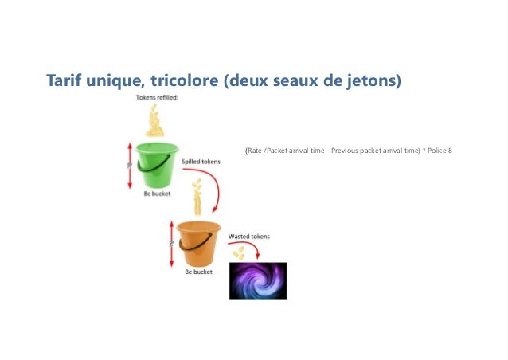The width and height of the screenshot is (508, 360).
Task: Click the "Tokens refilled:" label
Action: tap(156, 98)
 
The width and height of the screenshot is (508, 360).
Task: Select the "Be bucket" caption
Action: tap(197, 272)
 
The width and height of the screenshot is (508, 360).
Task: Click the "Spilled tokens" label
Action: tap(201, 161)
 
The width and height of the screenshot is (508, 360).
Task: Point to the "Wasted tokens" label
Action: tap(249, 237)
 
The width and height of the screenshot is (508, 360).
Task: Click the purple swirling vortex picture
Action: tap(258, 280)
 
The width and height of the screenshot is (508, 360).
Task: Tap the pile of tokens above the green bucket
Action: tap(156, 121)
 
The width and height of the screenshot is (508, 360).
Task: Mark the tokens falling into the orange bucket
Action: tap(196, 195)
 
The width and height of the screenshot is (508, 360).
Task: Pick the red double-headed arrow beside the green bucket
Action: tap(130, 165)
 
